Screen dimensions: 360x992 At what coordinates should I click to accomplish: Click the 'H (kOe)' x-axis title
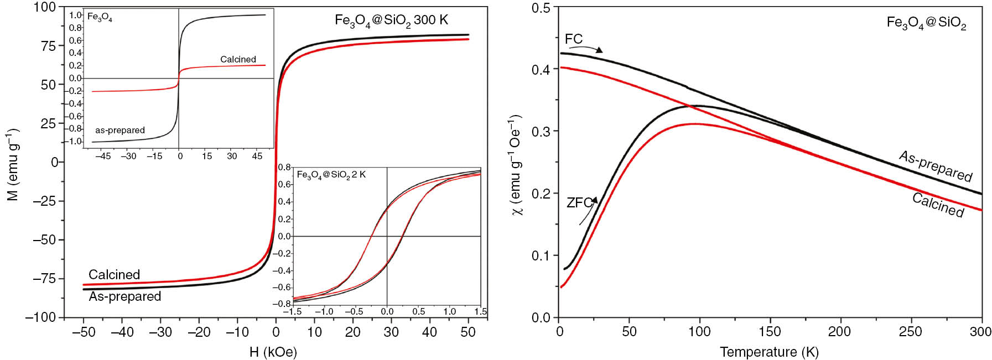[273, 352]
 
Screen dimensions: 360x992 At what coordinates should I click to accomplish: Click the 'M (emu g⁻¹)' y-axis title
[13, 164]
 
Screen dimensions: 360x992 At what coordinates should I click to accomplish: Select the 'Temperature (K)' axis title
[769, 352]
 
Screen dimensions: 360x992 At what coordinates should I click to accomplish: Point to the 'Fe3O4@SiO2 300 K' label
[391, 20]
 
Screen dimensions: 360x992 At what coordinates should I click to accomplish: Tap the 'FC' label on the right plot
[573, 39]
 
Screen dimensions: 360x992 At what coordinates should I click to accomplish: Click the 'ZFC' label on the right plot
[579, 203]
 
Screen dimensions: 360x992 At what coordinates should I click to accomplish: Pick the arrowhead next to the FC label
[599, 50]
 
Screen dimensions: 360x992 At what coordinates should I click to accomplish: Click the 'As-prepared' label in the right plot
[935, 166]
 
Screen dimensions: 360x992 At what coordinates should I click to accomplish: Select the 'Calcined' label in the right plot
[938, 205]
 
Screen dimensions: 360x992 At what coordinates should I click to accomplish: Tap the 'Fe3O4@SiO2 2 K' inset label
[331, 175]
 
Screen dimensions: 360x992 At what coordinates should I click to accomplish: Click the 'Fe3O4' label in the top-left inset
[100, 18]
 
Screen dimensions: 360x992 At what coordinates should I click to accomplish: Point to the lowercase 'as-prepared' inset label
[120, 131]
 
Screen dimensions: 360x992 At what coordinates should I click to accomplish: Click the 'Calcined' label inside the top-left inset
[238, 59]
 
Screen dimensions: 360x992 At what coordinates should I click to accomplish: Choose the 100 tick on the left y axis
[45, 7]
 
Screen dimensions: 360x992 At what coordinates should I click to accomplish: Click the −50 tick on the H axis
[84, 332]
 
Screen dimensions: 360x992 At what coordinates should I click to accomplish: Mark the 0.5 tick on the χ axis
[541, 8]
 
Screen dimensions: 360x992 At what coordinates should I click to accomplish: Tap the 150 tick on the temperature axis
[770, 332]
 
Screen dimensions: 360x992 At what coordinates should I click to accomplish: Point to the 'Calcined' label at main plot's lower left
[114, 275]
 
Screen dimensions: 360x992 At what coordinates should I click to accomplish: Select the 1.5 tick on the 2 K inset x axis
[480, 312]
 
